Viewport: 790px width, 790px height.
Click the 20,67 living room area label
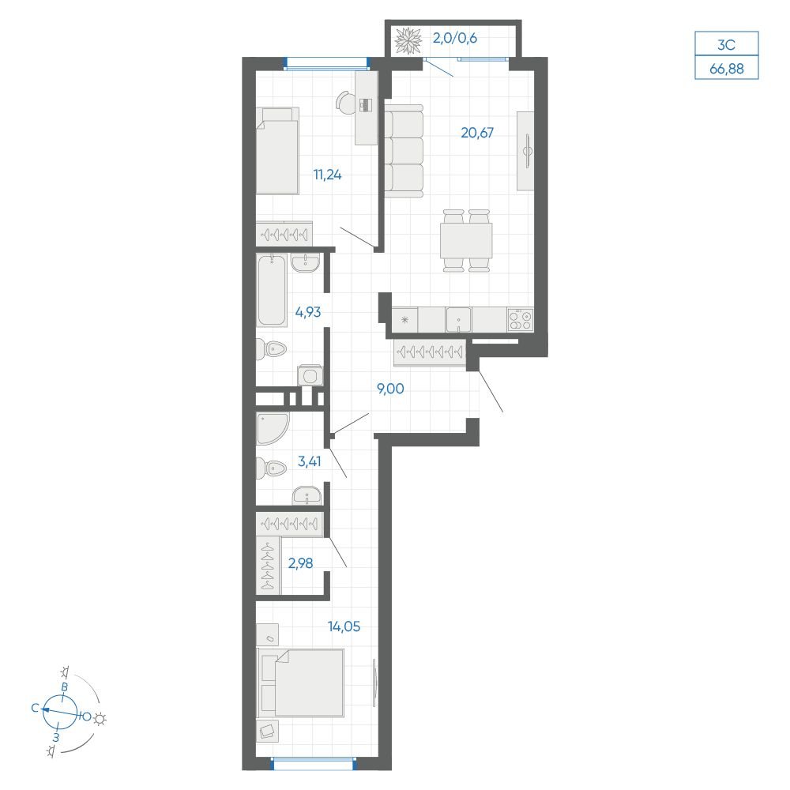[x=477, y=133]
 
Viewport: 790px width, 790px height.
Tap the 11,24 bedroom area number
[x=328, y=175]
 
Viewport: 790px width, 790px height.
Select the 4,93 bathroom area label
[x=308, y=312]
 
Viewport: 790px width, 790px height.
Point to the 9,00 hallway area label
[x=390, y=389]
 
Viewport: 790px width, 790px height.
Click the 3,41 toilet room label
[x=310, y=461]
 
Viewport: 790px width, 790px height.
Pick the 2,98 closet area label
[x=300, y=562]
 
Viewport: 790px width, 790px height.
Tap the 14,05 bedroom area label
[x=344, y=626]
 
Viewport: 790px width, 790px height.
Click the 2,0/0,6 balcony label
[x=455, y=38]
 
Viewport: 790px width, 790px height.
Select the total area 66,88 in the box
[x=727, y=68]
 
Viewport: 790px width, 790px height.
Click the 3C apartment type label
[x=727, y=45]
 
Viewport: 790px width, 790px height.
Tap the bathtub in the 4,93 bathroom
[x=272, y=290]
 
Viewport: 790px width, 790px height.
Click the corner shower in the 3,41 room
[x=273, y=429]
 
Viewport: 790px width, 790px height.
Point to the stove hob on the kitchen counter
[x=521, y=319]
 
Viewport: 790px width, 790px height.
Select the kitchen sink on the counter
[x=458, y=320]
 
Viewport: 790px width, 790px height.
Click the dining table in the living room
[x=466, y=241]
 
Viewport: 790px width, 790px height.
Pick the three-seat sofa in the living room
[x=404, y=151]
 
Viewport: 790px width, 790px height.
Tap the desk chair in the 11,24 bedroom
[x=346, y=103]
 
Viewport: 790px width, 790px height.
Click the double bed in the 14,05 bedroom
[x=301, y=683]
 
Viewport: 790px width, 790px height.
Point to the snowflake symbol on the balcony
[x=408, y=41]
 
